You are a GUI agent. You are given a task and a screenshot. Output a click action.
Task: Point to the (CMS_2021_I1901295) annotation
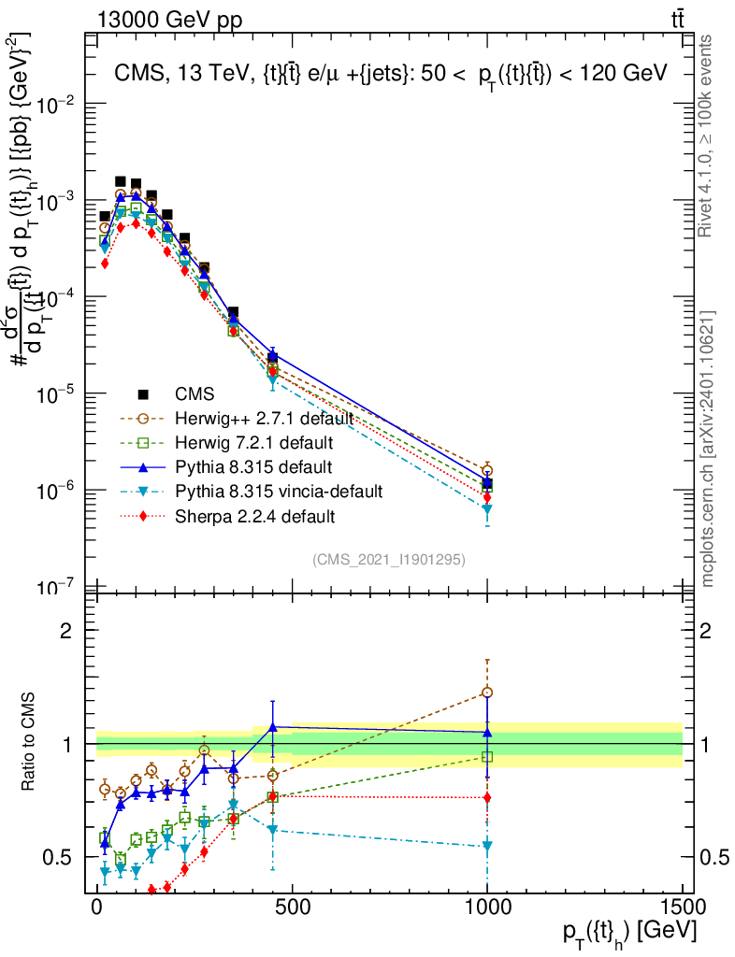[389, 559]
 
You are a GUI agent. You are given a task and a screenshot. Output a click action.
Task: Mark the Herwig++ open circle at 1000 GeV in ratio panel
[487, 693]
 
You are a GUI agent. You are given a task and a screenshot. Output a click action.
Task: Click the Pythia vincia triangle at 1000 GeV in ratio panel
[487, 846]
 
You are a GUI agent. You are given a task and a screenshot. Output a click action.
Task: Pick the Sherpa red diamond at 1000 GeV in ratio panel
[487, 797]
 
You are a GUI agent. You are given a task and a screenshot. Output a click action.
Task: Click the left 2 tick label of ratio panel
[66, 631]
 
